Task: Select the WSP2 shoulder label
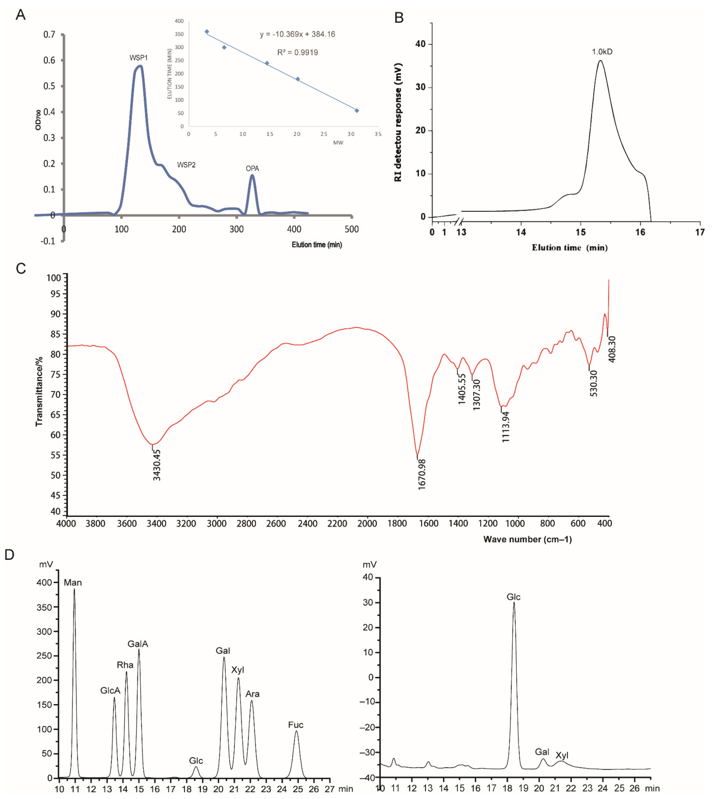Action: pyautogui.click(x=186, y=165)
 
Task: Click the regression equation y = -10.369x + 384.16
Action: pyautogui.click(x=297, y=34)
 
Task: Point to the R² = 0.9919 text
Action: pyautogui.click(x=297, y=52)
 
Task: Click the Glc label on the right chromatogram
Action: pyautogui.click(x=514, y=597)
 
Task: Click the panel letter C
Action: pyautogui.click(x=21, y=269)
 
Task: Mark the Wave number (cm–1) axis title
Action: pyautogui.click(x=527, y=539)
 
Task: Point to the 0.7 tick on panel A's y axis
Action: pyautogui.click(x=49, y=34)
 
